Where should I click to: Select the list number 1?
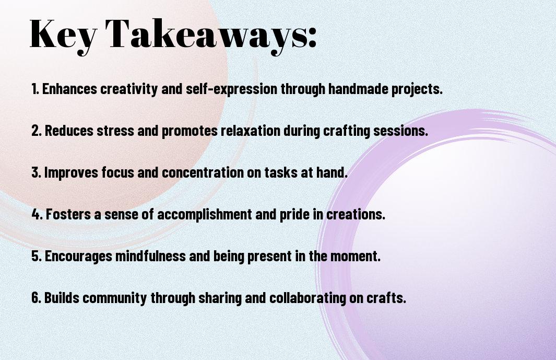(x=35, y=89)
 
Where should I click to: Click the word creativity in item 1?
(x=129, y=89)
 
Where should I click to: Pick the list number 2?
(x=37, y=131)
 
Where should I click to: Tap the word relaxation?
(x=251, y=131)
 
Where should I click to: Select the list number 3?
(x=36, y=172)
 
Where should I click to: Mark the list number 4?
(x=37, y=214)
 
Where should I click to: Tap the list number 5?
(x=37, y=256)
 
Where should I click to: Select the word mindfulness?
(x=150, y=256)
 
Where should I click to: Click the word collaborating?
(x=307, y=298)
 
